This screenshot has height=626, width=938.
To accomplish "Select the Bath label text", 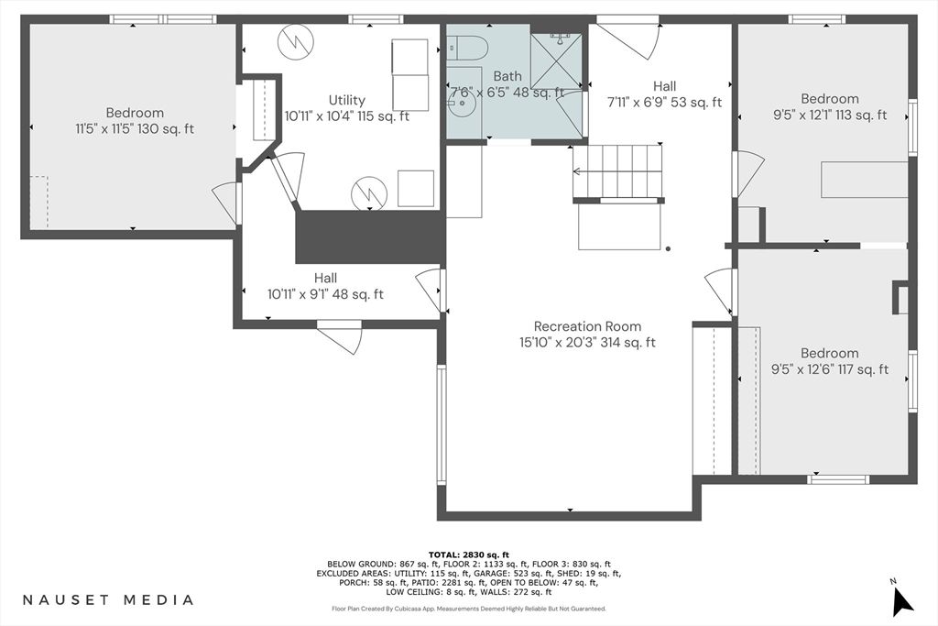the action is (x=507, y=76).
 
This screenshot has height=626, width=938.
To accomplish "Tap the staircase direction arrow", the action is (x=617, y=171).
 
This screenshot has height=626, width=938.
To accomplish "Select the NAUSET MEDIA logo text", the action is (x=108, y=599).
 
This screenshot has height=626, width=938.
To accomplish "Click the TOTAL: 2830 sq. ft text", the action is (x=468, y=555).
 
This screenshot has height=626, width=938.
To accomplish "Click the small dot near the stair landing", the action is (x=668, y=248).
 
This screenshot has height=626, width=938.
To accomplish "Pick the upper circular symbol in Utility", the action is (x=296, y=40).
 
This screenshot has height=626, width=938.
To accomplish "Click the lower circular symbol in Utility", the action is (x=369, y=193).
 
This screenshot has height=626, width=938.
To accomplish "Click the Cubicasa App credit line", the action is (x=469, y=609).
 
